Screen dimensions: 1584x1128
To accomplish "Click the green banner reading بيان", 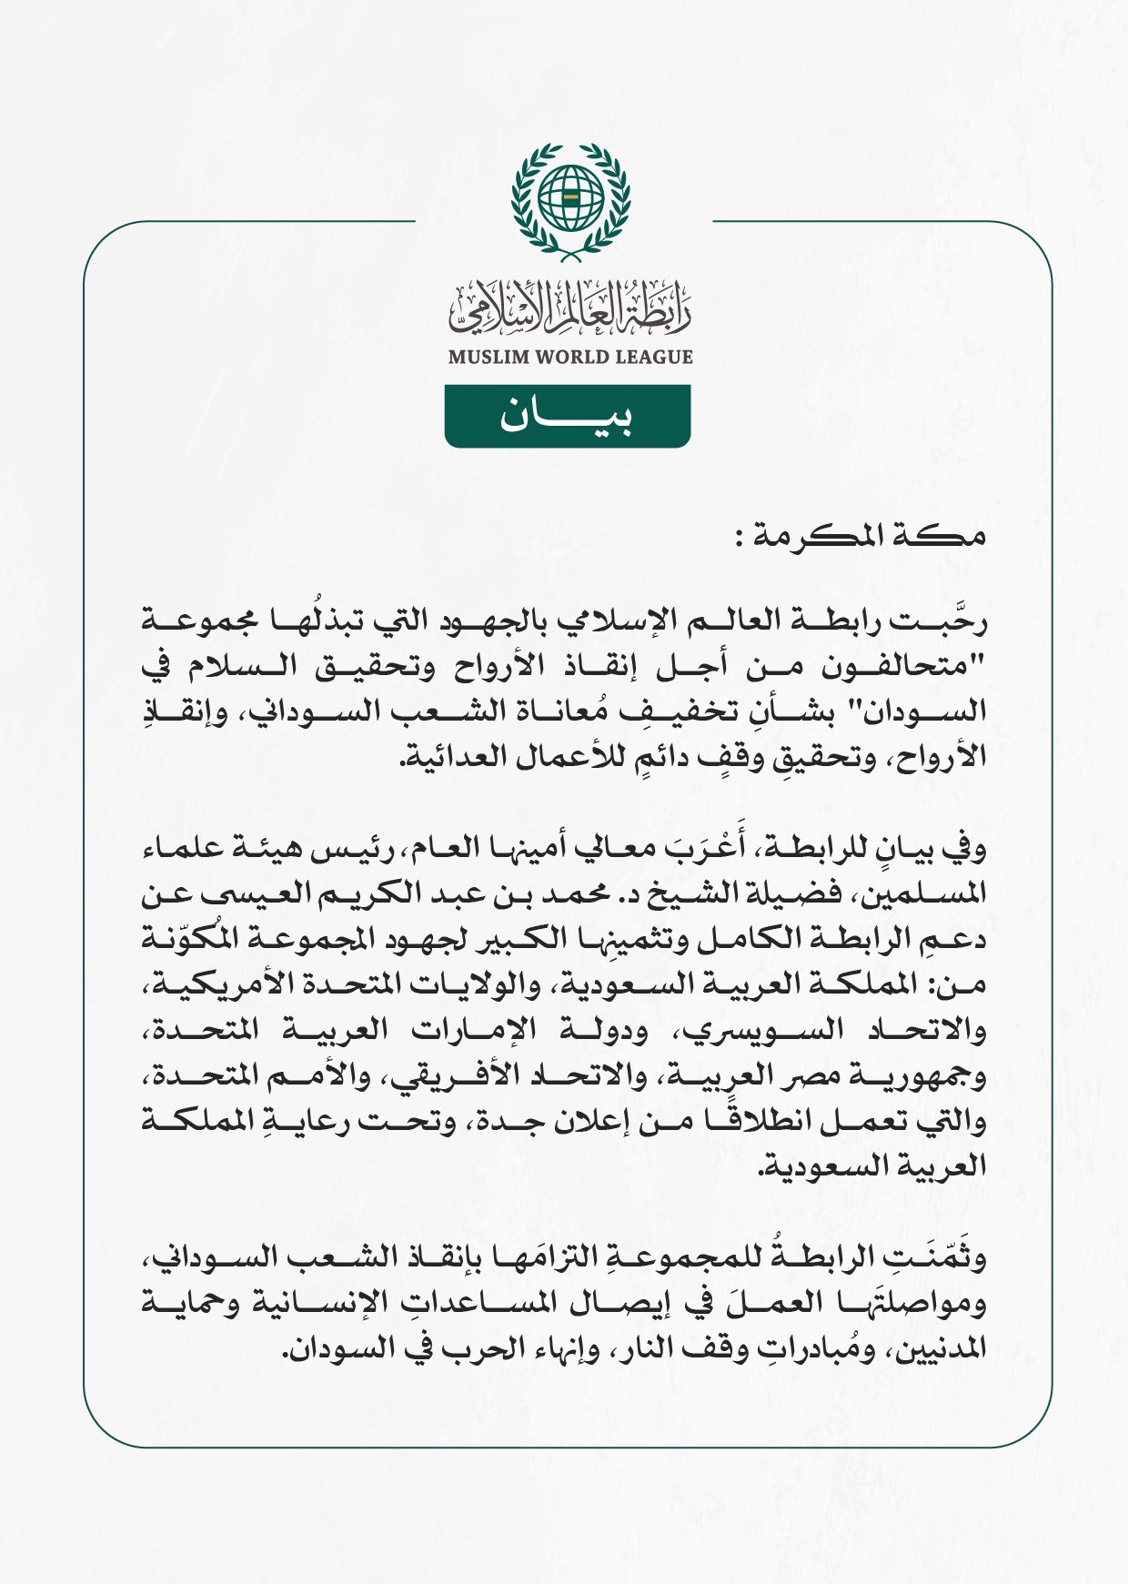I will (568, 417).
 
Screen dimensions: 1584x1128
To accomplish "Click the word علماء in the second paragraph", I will (182, 848).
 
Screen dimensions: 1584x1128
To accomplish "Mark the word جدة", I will (501, 1121).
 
